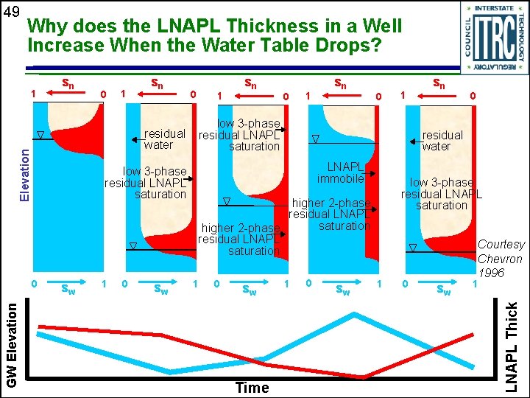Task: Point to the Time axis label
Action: [x=252, y=388]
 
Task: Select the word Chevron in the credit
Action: [x=500, y=259]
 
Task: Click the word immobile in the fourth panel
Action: [x=340, y=178]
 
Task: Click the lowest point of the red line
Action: [x=364, y=377]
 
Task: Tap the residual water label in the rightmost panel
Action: [x=442, y=140]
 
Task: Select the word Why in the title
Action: [x=47, y=27]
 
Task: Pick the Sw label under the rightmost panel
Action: [x=442, y=288]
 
